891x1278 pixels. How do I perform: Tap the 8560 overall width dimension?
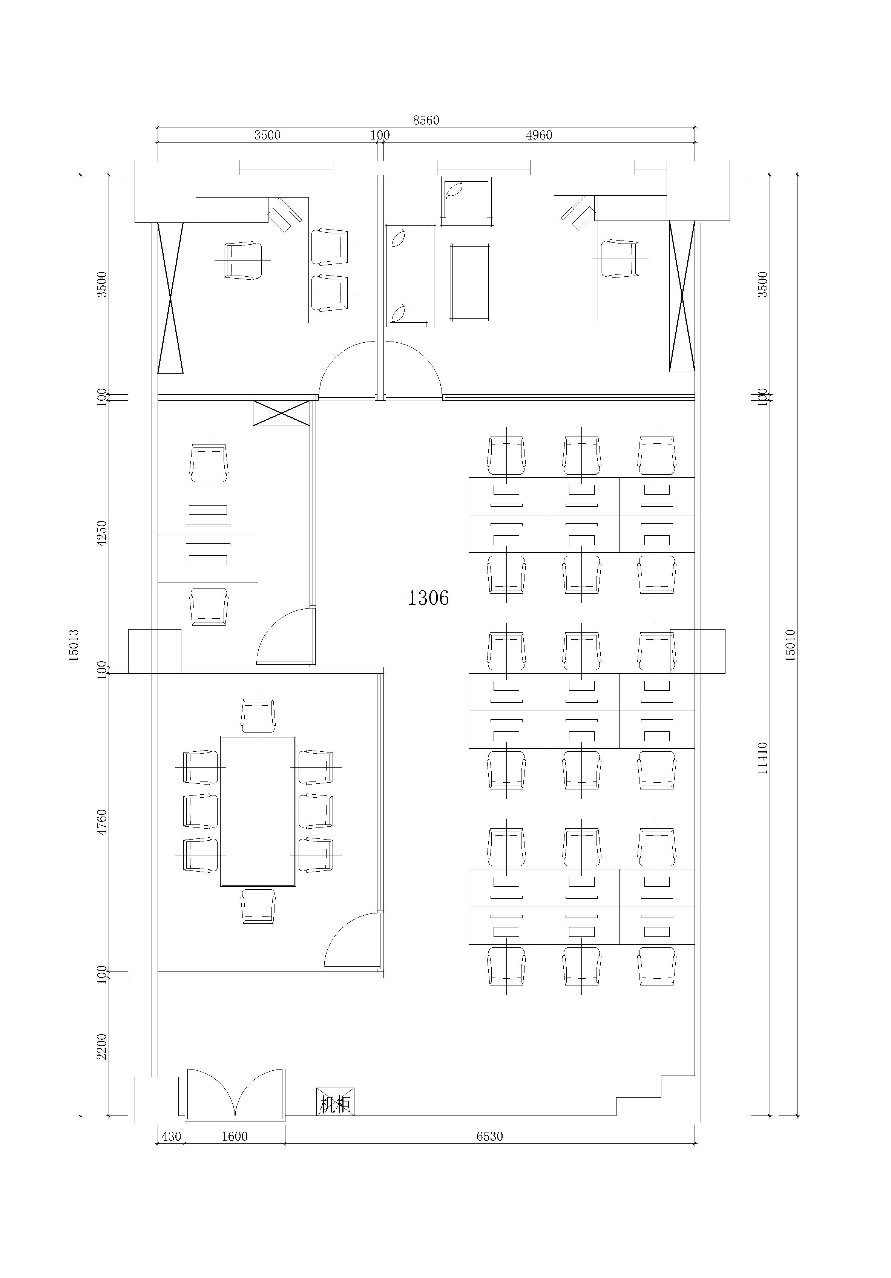pos(426,120)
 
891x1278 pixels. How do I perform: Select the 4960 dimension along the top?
pos(539,135)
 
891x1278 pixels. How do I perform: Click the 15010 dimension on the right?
pos(790,645)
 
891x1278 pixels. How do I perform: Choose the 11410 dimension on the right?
pos(763,758)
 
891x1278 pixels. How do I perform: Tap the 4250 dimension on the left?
pos(101,533)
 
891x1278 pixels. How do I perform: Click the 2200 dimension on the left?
pos(101,1047)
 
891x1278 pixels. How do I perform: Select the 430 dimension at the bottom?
pos(171,1137)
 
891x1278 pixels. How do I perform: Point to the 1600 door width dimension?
pos(235,1137)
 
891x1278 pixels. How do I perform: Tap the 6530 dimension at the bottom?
pos(489,1137)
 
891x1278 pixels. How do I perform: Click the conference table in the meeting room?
pos(258,811)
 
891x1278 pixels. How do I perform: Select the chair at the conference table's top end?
pos(258,716)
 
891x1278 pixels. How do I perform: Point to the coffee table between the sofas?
pos(469,282)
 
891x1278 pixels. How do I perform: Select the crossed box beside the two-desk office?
pos(281,413)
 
